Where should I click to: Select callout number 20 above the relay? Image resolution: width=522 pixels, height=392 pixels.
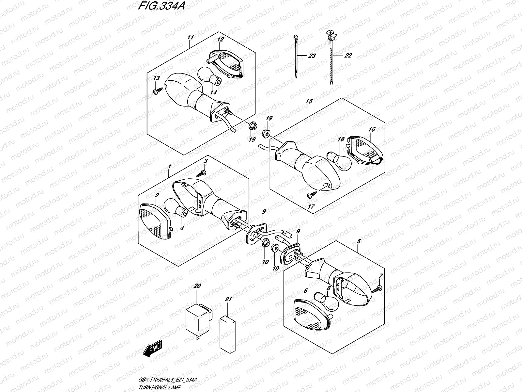tap(197, 286)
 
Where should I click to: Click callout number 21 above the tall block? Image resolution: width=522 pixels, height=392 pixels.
tap(228, 299)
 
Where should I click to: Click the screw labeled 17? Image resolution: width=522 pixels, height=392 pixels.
tap(310, 196)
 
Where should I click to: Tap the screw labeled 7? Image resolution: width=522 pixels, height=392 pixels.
tap(378, 288)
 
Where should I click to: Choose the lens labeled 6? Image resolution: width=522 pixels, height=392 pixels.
tap(311, 315)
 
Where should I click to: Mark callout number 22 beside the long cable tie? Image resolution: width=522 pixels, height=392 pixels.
tap(348, 56)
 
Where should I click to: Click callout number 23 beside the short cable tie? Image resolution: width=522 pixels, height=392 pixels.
tap(312, 56)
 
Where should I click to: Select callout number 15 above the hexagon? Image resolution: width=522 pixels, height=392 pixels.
tap(309, 101)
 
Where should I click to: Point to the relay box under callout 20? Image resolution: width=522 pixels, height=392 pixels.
tap(198, 317)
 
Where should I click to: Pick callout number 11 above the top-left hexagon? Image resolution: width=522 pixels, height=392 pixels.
tap(191, 37)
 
